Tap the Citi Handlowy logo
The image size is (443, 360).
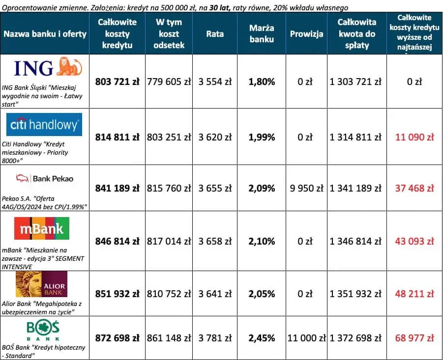point(45,125)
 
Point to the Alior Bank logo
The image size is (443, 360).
point(41,284)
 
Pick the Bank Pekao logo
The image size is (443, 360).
point(45,178)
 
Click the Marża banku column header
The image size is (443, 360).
point(262,34)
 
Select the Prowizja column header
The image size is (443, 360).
point(306,34)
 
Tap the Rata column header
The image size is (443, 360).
point(215,34)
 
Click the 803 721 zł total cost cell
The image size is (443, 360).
point(117,82)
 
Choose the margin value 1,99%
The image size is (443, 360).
point(262,138)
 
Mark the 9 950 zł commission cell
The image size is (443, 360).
point(306,189)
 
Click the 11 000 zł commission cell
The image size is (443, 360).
point(306,338)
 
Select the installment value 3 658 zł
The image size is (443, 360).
point(215,242)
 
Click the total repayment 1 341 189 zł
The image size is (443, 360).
point(357,189)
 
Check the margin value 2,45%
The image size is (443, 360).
point(262,338)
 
